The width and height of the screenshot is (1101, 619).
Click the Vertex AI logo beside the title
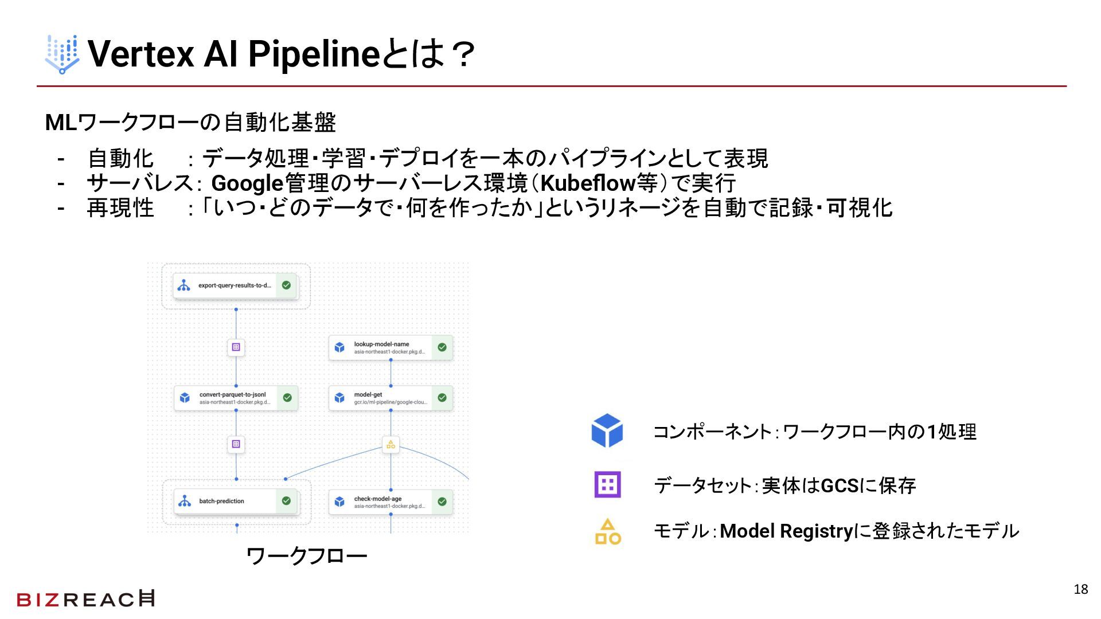click(x=62, y=54)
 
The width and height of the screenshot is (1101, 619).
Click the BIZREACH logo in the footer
click(x=85, y=599)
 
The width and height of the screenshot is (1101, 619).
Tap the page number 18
click(x=1080, y=589)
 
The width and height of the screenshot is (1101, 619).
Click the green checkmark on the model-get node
click(x=442, y=398)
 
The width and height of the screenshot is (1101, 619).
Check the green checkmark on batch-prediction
click(x=286, y=501)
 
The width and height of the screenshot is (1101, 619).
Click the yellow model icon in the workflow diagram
click(x=391, y=444)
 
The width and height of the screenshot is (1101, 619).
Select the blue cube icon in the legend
click(x=607, y=430)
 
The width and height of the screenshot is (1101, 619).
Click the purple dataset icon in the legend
click(x=607, y=485)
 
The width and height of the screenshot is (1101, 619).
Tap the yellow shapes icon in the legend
click(x=608, y=531)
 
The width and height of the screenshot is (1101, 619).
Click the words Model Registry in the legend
click(x=786, y=531)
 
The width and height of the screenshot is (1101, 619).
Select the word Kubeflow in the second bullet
click(x=588, y=183)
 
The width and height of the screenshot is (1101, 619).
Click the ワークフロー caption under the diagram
click(x=307, y=555)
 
